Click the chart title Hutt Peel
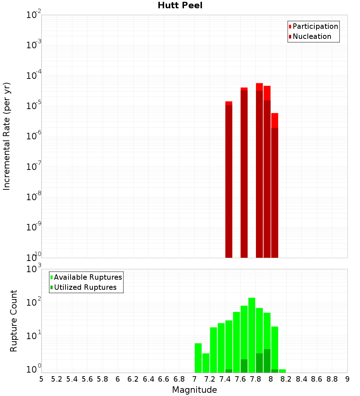click(x=180, y=6)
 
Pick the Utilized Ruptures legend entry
click(x=85, y=287)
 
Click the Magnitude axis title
click(x=194, y=390)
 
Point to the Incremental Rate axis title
click(x=7, y=136)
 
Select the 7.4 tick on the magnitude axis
click(x=225, y=379)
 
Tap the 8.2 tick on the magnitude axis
click(x=286, y=379)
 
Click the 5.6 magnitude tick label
click(x=87, y=379)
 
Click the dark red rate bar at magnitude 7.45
click(x=229, y=180)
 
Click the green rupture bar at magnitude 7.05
click(x=198, y=358)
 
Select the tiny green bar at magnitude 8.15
click(x=282, y=371)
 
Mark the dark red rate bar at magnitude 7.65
click(x=244, y=173)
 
